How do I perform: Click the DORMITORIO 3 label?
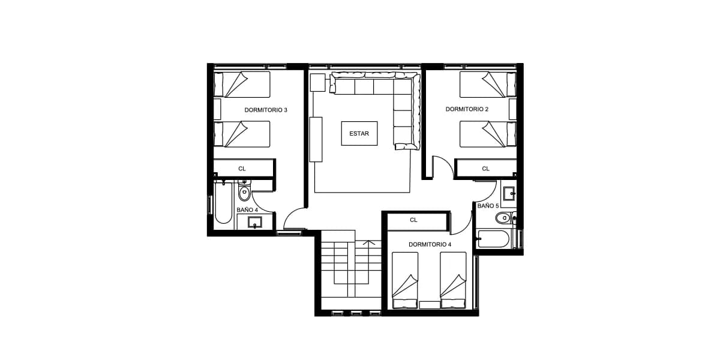pos(265,110)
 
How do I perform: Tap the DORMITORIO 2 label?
pos(467,109)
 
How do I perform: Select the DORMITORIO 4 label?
pos(430,245)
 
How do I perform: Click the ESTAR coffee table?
pos(359,133)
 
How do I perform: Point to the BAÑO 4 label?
pos(247,210)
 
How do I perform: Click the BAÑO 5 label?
pos(488,206)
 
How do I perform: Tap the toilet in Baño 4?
pos(244,191)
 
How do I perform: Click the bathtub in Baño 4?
pos(223,203)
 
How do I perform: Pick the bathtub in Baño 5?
pos(494,239)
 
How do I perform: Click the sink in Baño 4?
pos(255,222)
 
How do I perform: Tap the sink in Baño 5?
pos(509,193)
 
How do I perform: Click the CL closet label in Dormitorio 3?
pos(242,169)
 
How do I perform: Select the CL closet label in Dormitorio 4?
pos(413,220)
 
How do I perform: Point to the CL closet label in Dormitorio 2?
pos(485,169)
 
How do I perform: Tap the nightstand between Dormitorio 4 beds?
pos(430,305)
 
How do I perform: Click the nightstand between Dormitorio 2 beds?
pos(512,109)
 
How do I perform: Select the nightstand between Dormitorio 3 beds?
pos(217,109)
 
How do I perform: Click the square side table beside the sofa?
pos(317,83)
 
